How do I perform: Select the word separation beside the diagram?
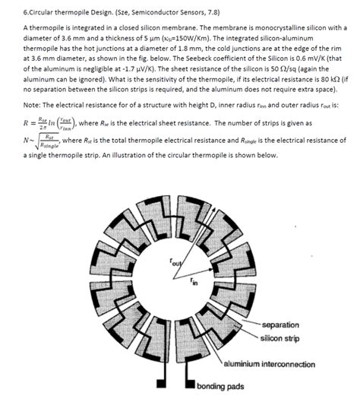pyautogui.click(x=282, y=324)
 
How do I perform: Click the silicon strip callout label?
pyautogui.click(x=282, y=338)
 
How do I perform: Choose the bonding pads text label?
pyautogui.click(x=220, y=386)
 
